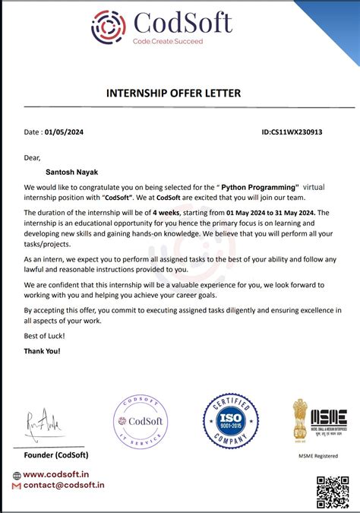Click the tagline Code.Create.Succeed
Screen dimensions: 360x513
pyautogui.click(x=168, y=41)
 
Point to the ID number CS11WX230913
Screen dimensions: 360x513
pyautogui.click(x=302, y=131)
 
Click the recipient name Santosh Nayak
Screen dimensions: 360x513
pyautogui.click(x=69, y=173)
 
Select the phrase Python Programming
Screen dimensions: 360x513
pyautogui.click(x=260, y=186)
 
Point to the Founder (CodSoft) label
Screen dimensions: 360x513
pyautogui.click(x=56, y=454)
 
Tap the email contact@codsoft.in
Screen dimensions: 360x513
pyautogui.click(x=64, y=485)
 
